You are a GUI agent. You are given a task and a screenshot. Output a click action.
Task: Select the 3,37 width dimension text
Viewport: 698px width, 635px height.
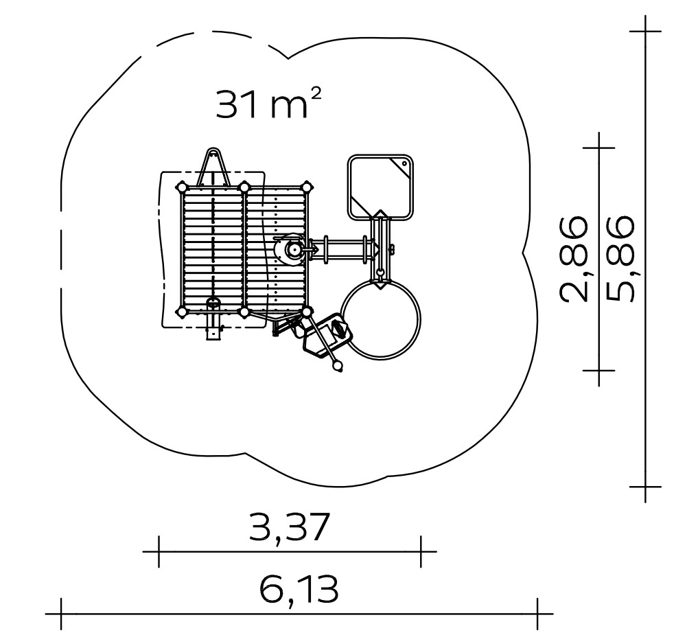click(290, 528)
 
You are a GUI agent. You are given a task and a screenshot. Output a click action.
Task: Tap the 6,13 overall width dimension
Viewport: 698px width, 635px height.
click(299, 590)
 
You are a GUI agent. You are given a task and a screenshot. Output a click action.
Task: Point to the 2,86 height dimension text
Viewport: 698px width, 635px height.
click(573, 259)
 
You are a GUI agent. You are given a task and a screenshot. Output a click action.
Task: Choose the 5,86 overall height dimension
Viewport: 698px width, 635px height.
click(619, 259)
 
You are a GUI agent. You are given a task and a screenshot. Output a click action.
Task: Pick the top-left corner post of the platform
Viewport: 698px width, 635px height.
click(182, 187)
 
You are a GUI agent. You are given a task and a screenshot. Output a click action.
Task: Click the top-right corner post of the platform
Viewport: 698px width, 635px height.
click(307, 187)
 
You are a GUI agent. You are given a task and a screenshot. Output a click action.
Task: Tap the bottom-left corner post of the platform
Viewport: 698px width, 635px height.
click(182, 312)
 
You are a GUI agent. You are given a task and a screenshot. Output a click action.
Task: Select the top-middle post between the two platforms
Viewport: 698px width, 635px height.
click(244, 187)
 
